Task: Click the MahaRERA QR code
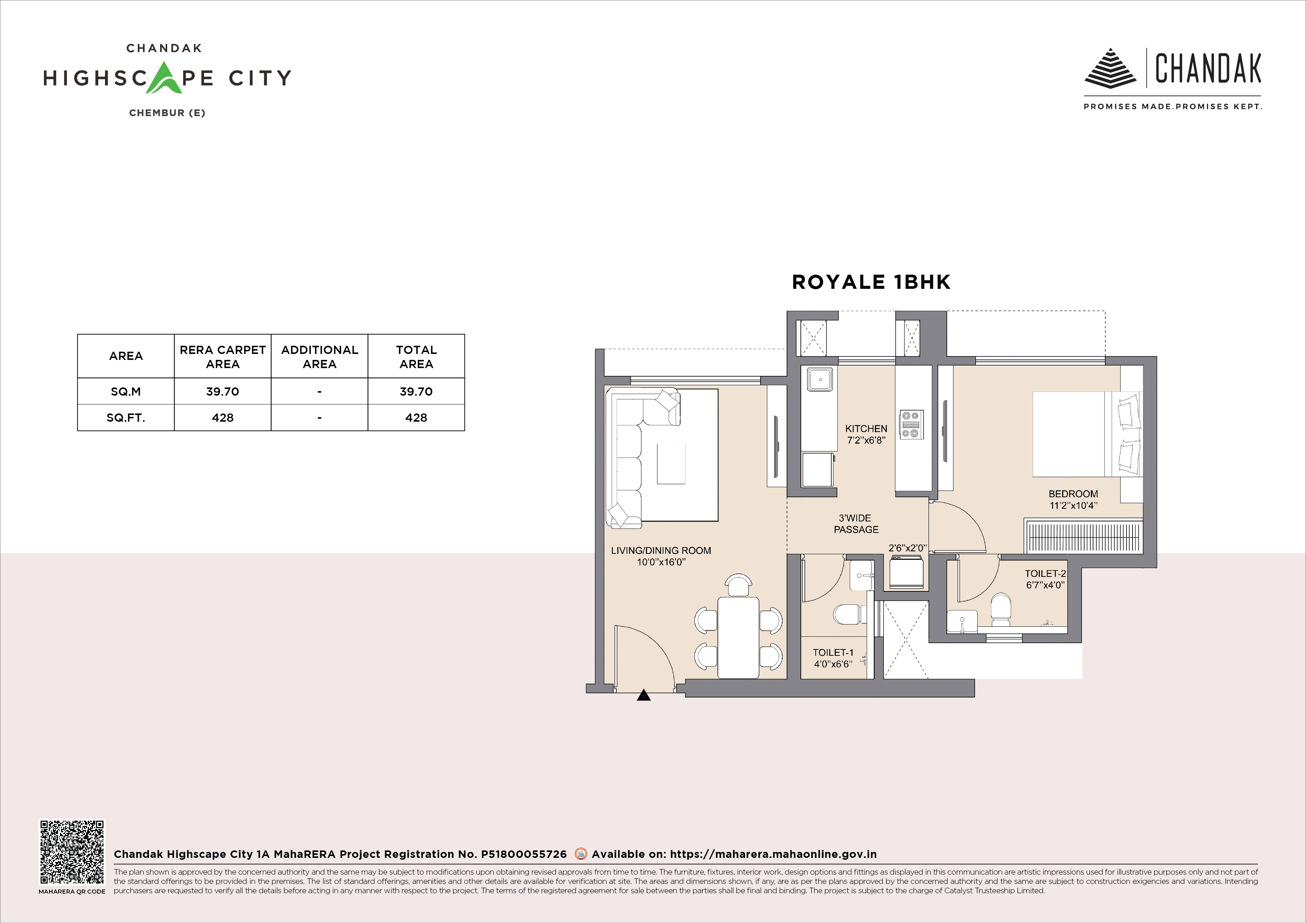click(x=72, y=851)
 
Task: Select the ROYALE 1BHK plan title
click(x=871, y=282)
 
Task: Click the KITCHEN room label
click(x=866, y=429)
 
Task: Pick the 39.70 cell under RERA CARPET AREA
click(x=222, y=391)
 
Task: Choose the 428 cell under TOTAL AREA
click(x=416, y=418)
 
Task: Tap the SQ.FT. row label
click(x=126, y=418)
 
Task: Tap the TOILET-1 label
click(x=833, y=653)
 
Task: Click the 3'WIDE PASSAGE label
click(x=856, y=524)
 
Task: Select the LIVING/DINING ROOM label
click(x=661, y=550)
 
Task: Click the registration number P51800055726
click(x=524, y=854)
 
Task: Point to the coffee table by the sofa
click(x=671, y=463)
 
